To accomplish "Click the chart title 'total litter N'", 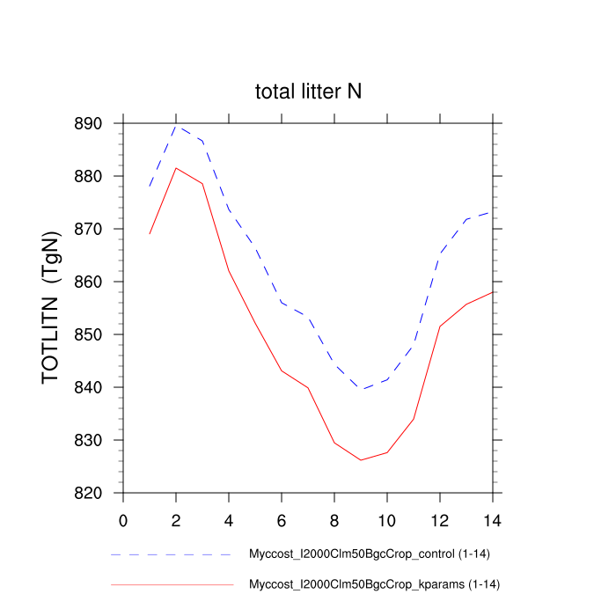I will coord(308,92).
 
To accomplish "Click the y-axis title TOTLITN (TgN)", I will coord(51,308).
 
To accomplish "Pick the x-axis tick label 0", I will coord(123,519).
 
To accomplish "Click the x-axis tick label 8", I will coord(334,519).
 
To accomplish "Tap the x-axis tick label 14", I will coord(493,519).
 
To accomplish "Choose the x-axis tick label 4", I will coord(229,519).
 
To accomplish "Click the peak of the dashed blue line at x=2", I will coord(176,126).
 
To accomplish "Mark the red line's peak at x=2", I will coord(176,168).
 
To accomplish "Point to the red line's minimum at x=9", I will coord(361,460).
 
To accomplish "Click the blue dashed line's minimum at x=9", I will coord(361,389).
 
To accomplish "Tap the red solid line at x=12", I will coord(440,326).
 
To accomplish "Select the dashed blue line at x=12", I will coord(440,253).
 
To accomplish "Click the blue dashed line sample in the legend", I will coord(172,555).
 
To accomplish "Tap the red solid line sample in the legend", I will coord(172,584).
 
